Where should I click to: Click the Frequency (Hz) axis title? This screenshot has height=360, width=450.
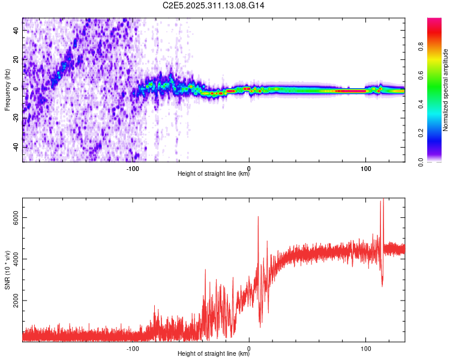[x=7, y=90]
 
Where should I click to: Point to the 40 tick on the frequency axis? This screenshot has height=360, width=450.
[x=17, y=29]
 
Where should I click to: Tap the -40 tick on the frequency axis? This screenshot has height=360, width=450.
[x=17, y=147]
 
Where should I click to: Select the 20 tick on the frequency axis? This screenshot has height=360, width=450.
[x=17, y=59]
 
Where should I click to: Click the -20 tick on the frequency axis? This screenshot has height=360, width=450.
[x=17, y=118]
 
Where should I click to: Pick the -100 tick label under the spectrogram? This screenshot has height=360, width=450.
[x=133, y=168]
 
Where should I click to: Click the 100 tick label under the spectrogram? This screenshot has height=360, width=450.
[x=365, y=168]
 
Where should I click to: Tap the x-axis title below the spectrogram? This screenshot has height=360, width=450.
[x=214, y=175]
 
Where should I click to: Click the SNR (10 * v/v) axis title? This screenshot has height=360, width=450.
[x=7, y=270]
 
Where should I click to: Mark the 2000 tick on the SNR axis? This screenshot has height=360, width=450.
[x=17, y=301]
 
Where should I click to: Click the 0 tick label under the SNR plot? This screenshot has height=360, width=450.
[x=249, y=348]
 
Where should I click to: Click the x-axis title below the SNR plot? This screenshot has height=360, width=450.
[x=214, y=355]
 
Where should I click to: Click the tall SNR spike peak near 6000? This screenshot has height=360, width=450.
[x=258, y=217]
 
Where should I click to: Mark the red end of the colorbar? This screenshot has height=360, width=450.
[x=434, y=24]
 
